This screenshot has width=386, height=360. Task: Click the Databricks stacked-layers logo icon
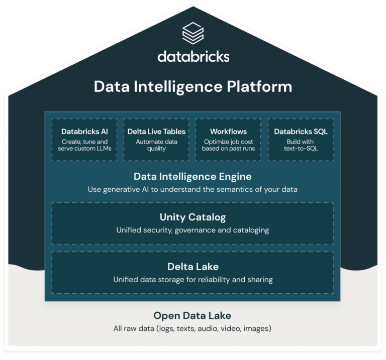pos(193,33)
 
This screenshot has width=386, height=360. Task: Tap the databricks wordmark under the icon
pos(194,56)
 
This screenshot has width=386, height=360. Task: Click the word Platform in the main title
pos(259,86)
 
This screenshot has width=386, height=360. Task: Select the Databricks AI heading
pos(84,132)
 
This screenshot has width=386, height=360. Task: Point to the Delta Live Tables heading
pos(157,132)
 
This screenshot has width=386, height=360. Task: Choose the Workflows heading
pos(229,132)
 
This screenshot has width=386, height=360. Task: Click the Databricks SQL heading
pos(301,132)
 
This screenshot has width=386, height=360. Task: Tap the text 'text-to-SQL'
pos(301,149)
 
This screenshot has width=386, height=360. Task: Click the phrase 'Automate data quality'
pos(157,145)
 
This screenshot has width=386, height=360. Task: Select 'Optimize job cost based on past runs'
pos(229,145)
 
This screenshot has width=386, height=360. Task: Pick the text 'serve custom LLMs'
pos(84,149)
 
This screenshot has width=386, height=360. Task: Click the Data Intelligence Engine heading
pos(193,177)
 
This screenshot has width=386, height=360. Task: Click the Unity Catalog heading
pos(193,217)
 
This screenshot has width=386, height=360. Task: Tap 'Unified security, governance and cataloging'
pos(193,230)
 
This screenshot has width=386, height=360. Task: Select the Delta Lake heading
pos(193,267)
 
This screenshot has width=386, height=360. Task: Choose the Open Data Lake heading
pos(192,316)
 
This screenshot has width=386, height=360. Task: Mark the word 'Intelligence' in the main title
pos(178,87)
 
